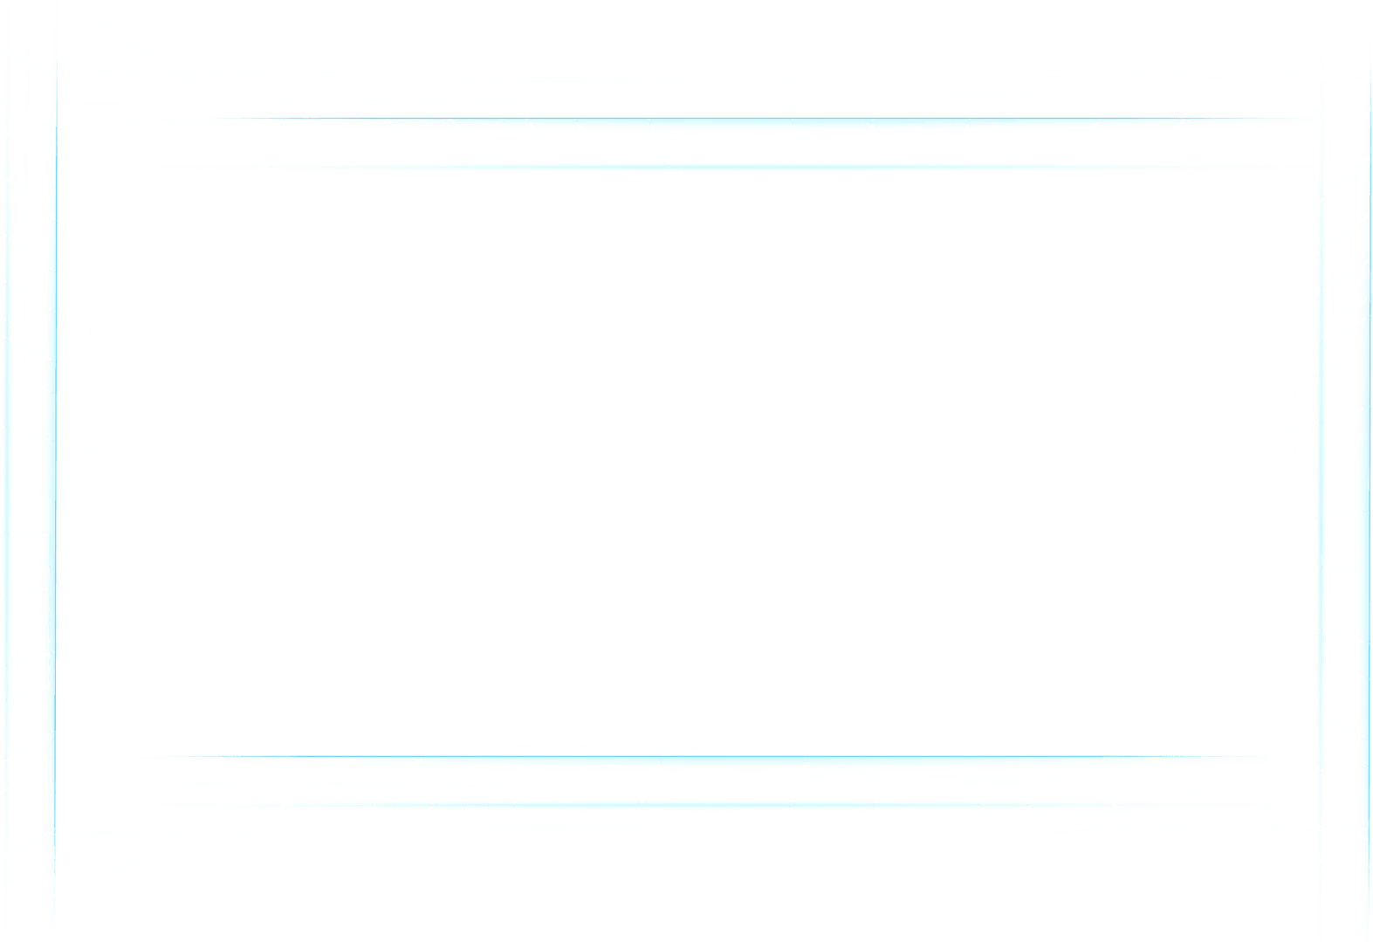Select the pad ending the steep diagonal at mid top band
[x=671, y=171]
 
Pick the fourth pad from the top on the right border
[x=1314, y=628]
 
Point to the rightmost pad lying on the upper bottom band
[x=1158, y=761]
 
